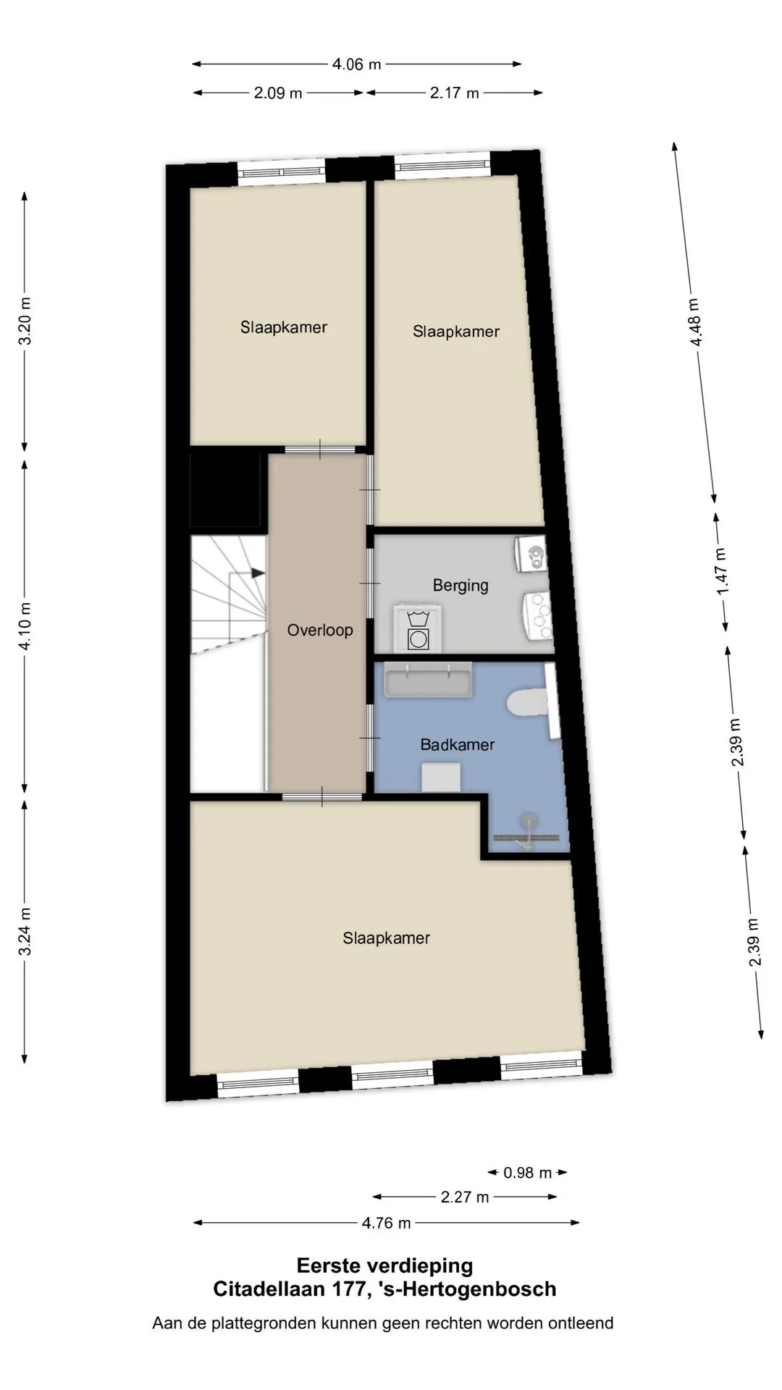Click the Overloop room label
point(320,630)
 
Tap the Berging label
point(461,586)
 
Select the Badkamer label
point(458,744)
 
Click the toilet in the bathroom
point(528,703)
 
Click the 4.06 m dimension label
point(356,64)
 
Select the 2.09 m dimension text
point(278,93)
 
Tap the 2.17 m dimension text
point(455,93)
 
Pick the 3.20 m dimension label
point(25,321)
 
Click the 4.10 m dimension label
point(25,627)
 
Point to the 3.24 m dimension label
point(25,932)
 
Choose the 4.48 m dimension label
point(694,322)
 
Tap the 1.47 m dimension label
point(722,572)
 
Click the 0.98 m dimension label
point(528,1172)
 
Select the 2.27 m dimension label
point(465,1197)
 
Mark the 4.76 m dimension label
point(387,1223)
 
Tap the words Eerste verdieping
point(385,1265)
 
